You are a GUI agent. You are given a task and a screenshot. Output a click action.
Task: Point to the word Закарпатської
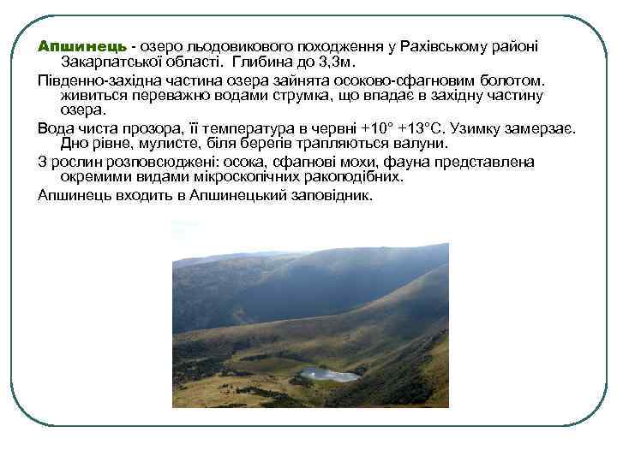coord(123,62)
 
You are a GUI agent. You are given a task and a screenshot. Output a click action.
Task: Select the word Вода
coord(56,127)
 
